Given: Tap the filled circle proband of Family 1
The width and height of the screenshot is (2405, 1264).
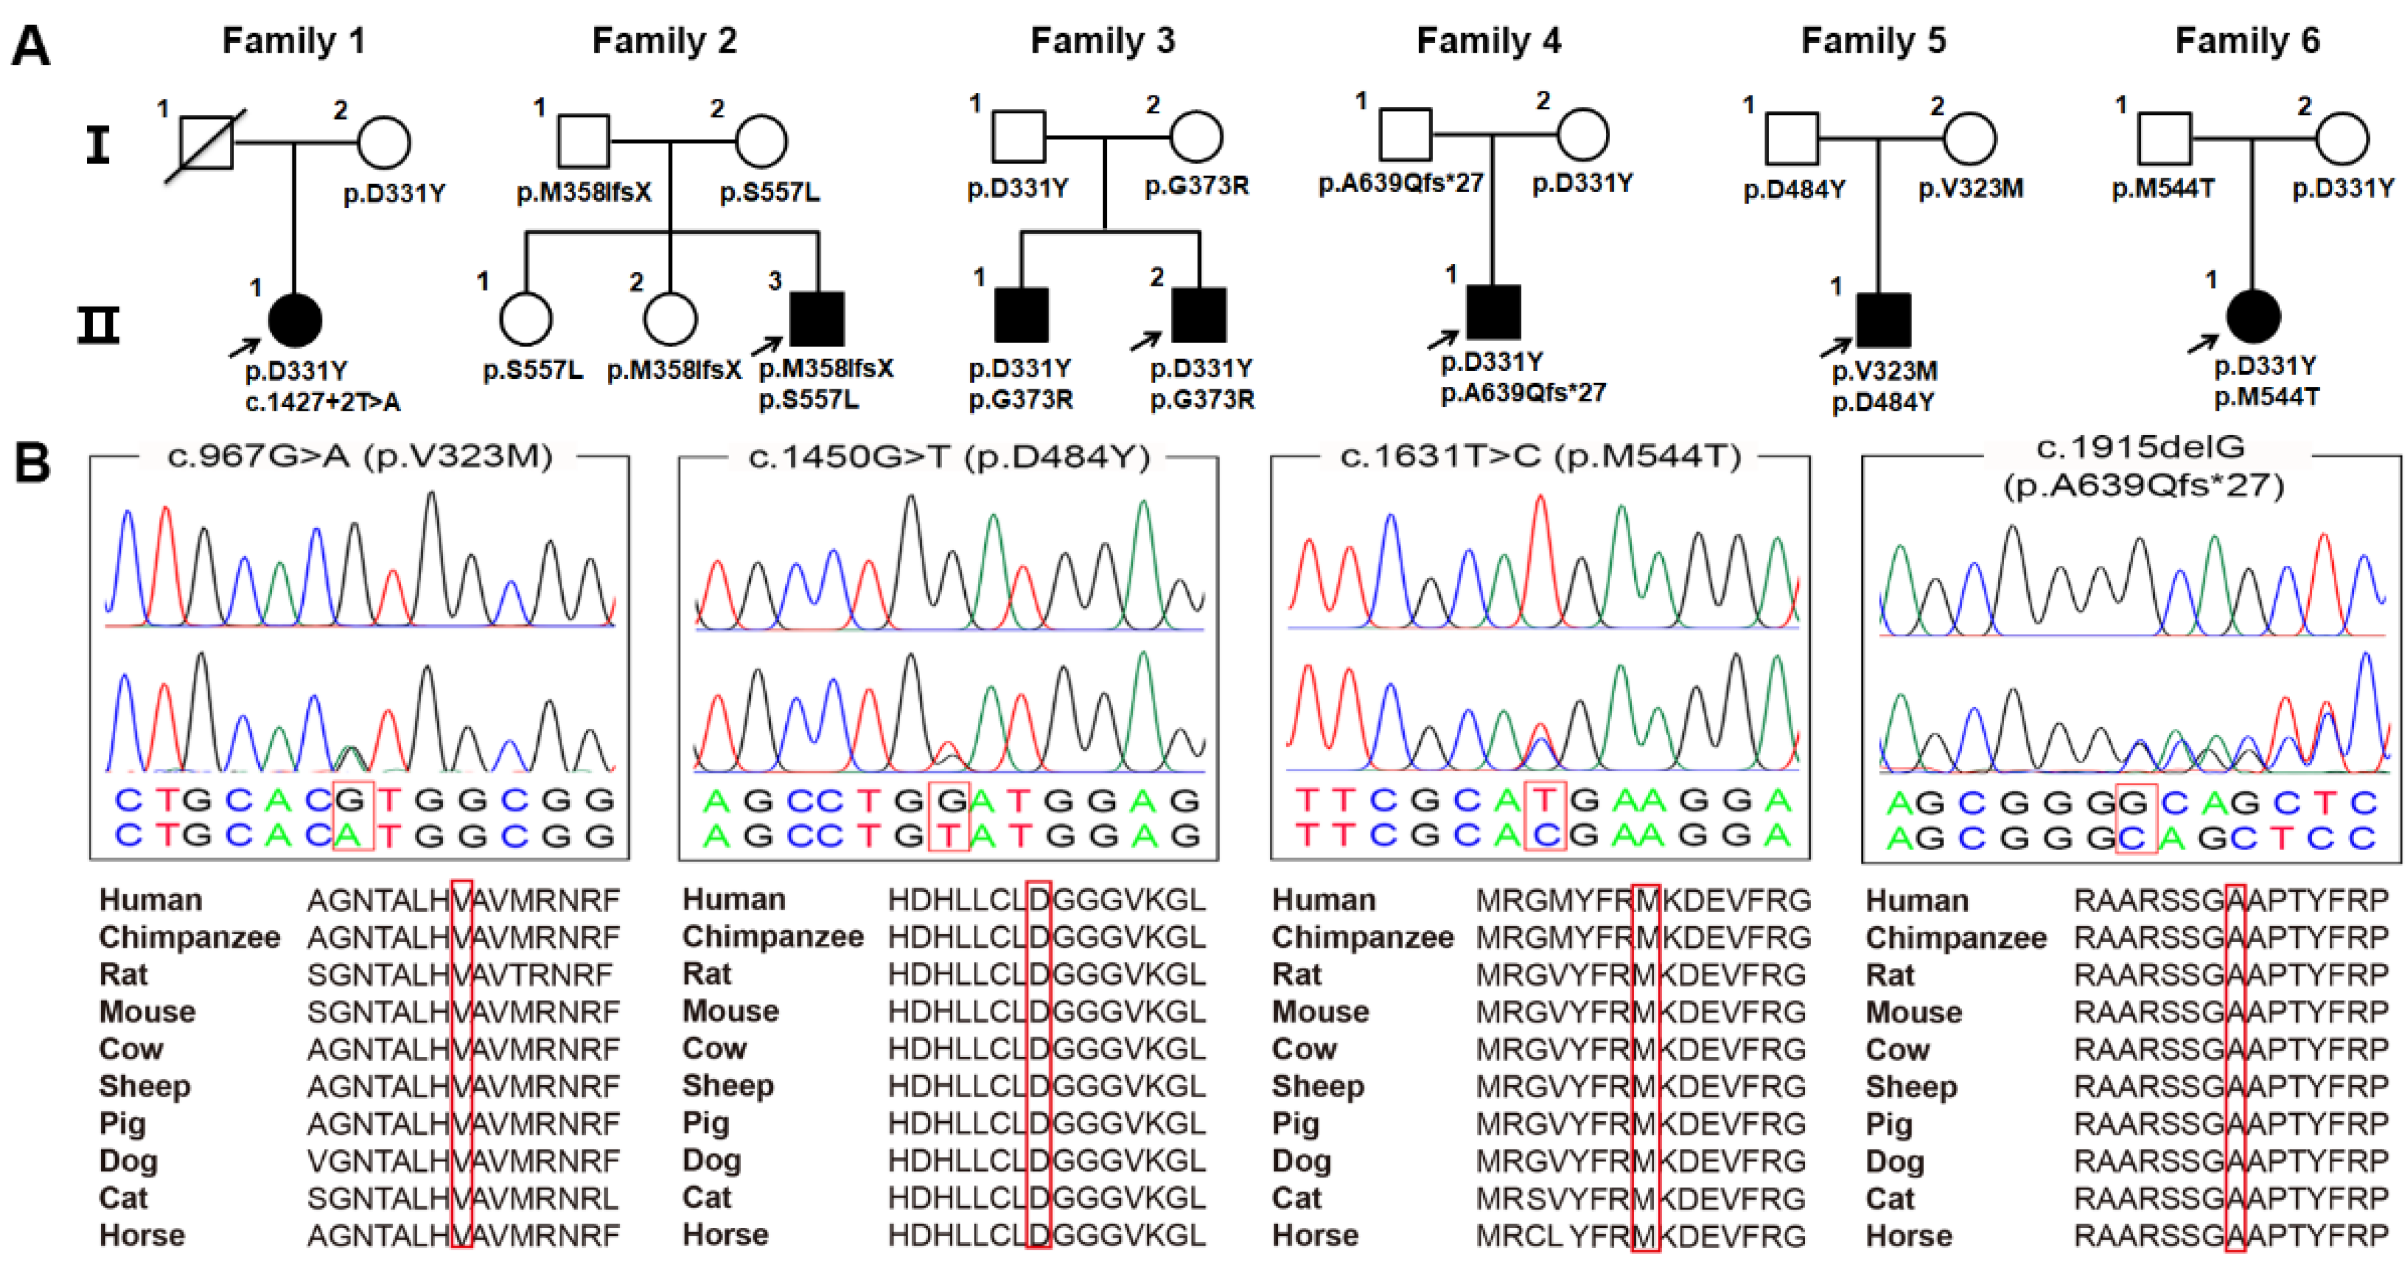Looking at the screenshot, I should pyautogui.click(x=295, y=320).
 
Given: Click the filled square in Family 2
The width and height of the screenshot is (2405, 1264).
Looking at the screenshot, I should pyautogui.click(x=817, y=318).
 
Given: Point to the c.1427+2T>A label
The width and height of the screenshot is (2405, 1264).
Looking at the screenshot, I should pyautogui.click(x=323, y=402).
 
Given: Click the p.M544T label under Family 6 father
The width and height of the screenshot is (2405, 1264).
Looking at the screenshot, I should pyautogui.click(x=2162, y=189).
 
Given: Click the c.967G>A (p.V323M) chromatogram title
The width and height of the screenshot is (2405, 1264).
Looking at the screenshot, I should pyautogui.click(x=359, y=457).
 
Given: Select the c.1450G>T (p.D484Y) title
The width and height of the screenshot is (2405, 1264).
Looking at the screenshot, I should pyautogui.click(x=949, y=457).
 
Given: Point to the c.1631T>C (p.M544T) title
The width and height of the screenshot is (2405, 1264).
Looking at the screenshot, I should pyautogui.click(x=1540, y=457).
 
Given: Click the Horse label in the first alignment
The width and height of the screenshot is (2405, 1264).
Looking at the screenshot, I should pyautogui.click(x=142, y=1235).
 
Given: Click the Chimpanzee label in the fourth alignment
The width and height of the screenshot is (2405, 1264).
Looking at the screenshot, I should pyautogui.click(x=1955, y=937).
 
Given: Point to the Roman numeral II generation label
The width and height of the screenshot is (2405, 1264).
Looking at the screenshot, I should pyautogui.click(x=98, y=325).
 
